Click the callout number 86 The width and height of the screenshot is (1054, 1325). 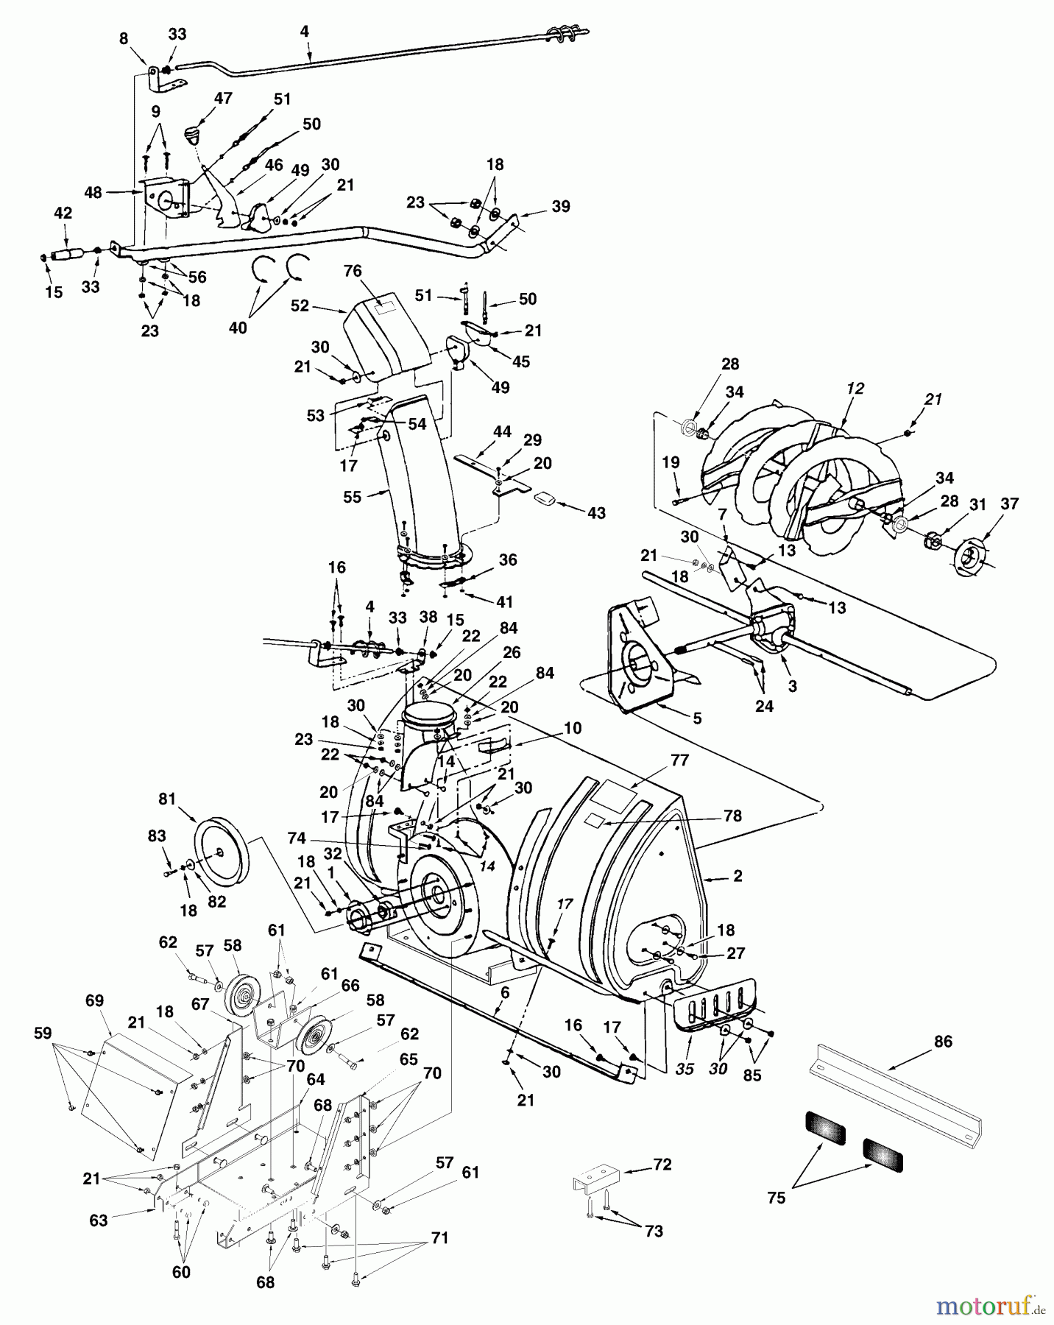pyautogui.click(x=942, y=1042)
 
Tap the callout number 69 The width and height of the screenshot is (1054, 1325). pyautogui.click(x=94, y=1000)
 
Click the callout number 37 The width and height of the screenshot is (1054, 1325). pyautogui.click(x=1009, y=504)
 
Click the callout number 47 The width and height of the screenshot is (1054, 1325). pyautogui.click(x=223, y=97)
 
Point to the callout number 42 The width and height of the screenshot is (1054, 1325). pyautogui.click(x=63, y=213)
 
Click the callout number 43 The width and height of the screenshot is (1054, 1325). pyautogui.click(x=595, y=512)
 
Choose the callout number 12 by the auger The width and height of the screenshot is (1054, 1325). pyautogui.click(x=855, y=387)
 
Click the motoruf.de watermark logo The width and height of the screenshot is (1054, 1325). pyautogui.click(x=991, y=1307)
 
